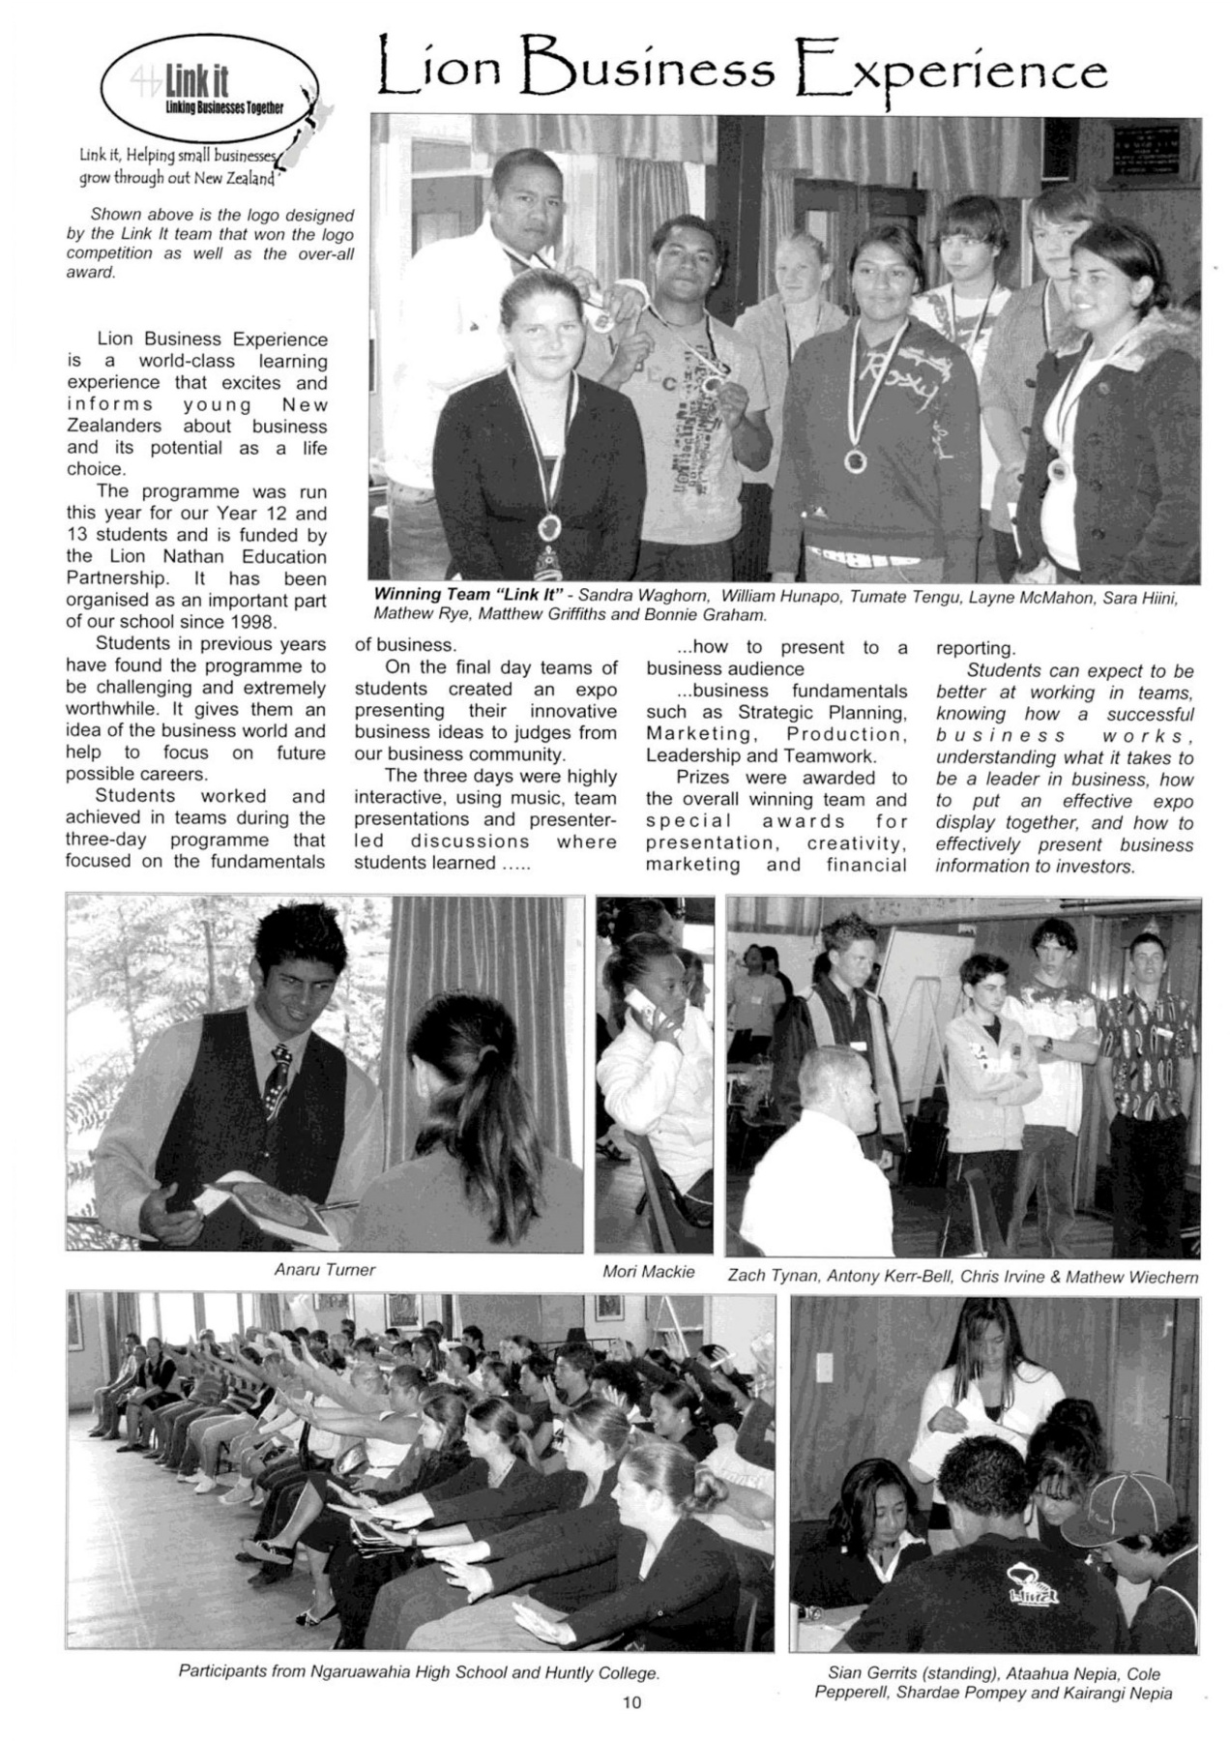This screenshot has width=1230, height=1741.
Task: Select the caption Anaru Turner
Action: tap(325, 1270)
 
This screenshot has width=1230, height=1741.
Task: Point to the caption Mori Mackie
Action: tap(648, 1271)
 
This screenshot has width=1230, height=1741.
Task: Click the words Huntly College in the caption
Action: tap(600, 1671)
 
